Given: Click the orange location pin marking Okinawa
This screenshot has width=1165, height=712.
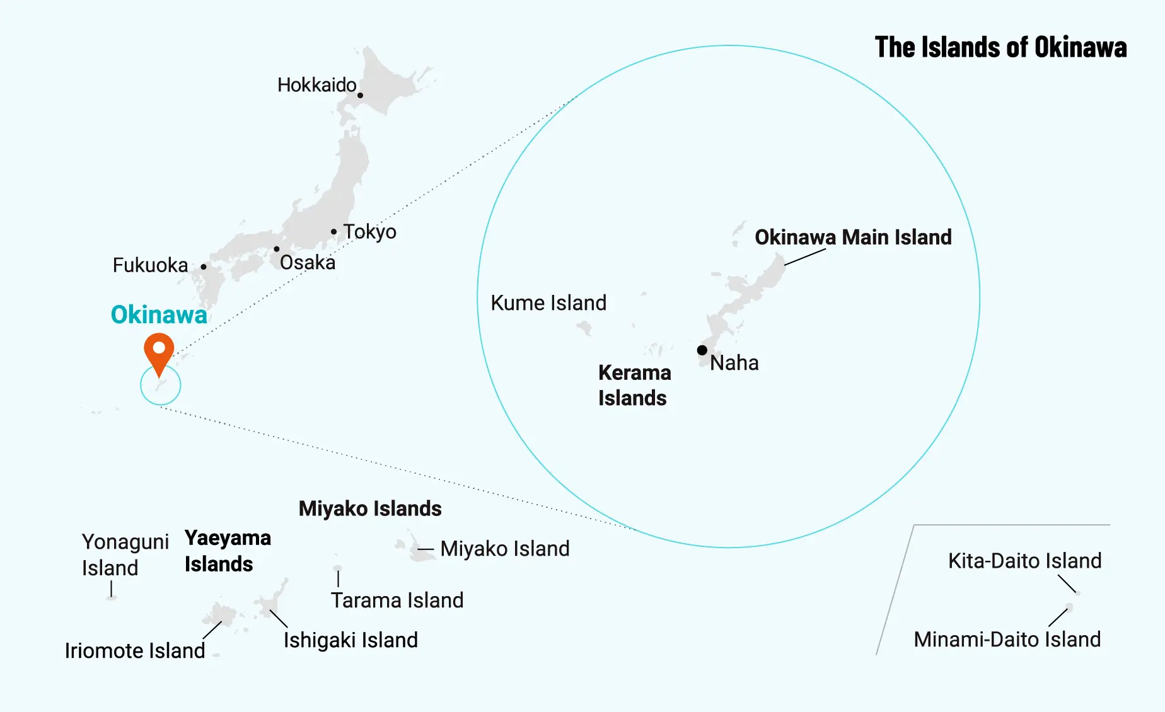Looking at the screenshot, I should pos(159,351).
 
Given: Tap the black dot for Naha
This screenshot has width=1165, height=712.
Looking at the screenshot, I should pos(702,350).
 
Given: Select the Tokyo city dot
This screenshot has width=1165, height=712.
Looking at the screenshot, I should pos(333,232).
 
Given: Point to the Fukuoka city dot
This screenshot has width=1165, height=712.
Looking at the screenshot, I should pos(204,267).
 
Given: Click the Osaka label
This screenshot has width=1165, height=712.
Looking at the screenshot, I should pos(308,262).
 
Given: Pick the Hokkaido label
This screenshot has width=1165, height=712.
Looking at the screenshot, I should pos(316,85).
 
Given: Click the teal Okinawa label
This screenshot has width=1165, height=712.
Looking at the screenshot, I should pos(159,314).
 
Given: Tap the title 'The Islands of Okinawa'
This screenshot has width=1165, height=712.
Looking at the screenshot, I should pos(1000,47).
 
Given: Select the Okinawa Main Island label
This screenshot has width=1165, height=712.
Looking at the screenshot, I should pos(853,237).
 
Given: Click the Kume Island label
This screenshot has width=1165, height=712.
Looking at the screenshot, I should pos(548,303).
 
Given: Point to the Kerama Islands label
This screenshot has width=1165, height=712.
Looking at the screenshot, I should pos(634,385).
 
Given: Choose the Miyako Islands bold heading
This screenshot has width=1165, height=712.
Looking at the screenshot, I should pos(370,508).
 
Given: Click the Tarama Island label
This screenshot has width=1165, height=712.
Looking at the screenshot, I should pos(397,600).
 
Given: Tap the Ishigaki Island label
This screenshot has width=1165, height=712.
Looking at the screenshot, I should pos(351,640).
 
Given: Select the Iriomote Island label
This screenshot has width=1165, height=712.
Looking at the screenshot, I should pos(135,650).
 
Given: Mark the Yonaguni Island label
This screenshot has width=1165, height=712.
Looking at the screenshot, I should pos(125,554).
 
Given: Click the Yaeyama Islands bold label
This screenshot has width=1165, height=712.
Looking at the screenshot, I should pos(228,551).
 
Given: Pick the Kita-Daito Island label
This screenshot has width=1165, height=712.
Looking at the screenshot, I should pos(1024,561).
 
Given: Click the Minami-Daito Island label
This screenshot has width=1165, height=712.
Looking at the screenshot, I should pos(1007,640).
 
